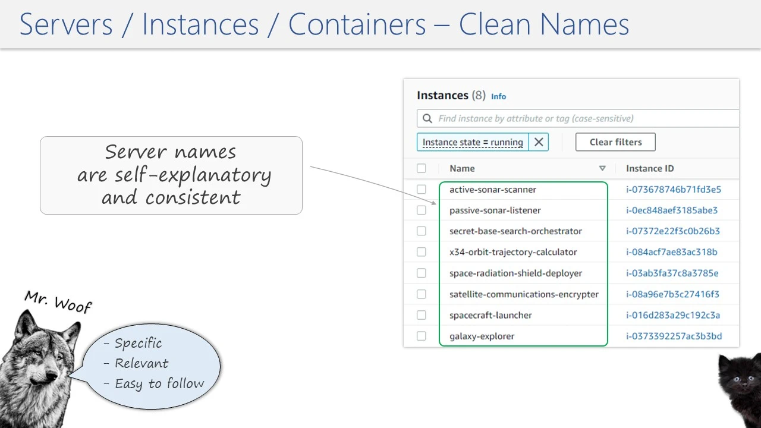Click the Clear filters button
pos(615,142)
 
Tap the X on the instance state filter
pos(539,142)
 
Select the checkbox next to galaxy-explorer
pos(422,336)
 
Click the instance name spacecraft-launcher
pos(490,315)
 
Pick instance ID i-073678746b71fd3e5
pos(673,190)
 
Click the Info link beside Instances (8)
pos(498,96)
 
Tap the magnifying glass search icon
pos(427,118)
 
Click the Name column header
pos(462,168)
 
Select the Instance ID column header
pos(649,168)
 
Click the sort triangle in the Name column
pos(602,169)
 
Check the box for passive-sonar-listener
pos(422,210)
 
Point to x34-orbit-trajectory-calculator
pos(513,252)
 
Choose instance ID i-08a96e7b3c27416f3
pos(672,294)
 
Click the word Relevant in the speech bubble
pos(141,363)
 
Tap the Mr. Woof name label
pos(58,301)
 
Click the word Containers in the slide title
pos(357,25)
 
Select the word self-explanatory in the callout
pos(193,175)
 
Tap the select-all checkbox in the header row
pos(422,168)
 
